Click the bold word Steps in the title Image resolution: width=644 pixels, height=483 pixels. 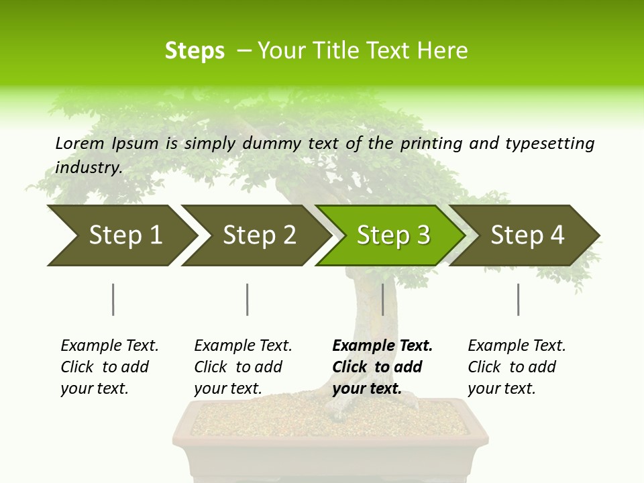[195, 50]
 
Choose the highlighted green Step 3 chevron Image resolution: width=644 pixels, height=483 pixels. [393, 235]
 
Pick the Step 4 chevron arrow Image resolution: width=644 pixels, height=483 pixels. [527, 235]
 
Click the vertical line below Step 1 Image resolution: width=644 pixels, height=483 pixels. [113, 299]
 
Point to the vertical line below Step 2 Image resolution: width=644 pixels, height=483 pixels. [247, 299]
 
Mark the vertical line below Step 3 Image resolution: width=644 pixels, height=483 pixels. [382, 299]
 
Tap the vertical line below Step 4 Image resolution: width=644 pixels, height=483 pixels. [518, 299]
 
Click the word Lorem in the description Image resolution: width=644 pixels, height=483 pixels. [80, 143]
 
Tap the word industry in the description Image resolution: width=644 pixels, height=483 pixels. [89, 167]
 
